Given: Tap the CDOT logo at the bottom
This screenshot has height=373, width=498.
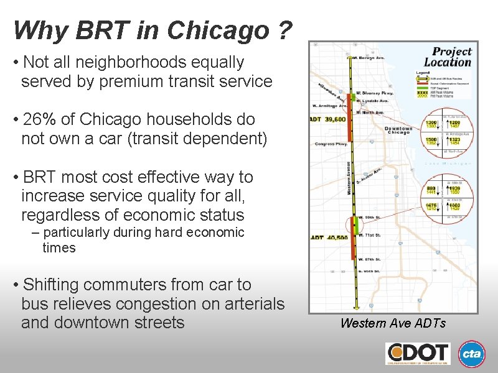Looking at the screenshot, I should click(x=417, y=353).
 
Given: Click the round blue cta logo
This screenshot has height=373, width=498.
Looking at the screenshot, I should click(x=472, y=353).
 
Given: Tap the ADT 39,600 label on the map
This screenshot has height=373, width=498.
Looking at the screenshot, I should click(x=328, y=119).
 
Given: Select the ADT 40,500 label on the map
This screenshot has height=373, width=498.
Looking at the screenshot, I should click(x=329, y=237).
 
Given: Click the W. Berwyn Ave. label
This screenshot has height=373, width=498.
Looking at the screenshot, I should click(x=369, y=57).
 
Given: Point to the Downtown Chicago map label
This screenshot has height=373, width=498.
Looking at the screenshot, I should click(x=398, y=131).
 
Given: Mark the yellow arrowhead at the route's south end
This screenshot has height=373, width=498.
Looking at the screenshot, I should click(x=355, y=306).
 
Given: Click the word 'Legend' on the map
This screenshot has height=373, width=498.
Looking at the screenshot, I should click(x=422, y=72).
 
